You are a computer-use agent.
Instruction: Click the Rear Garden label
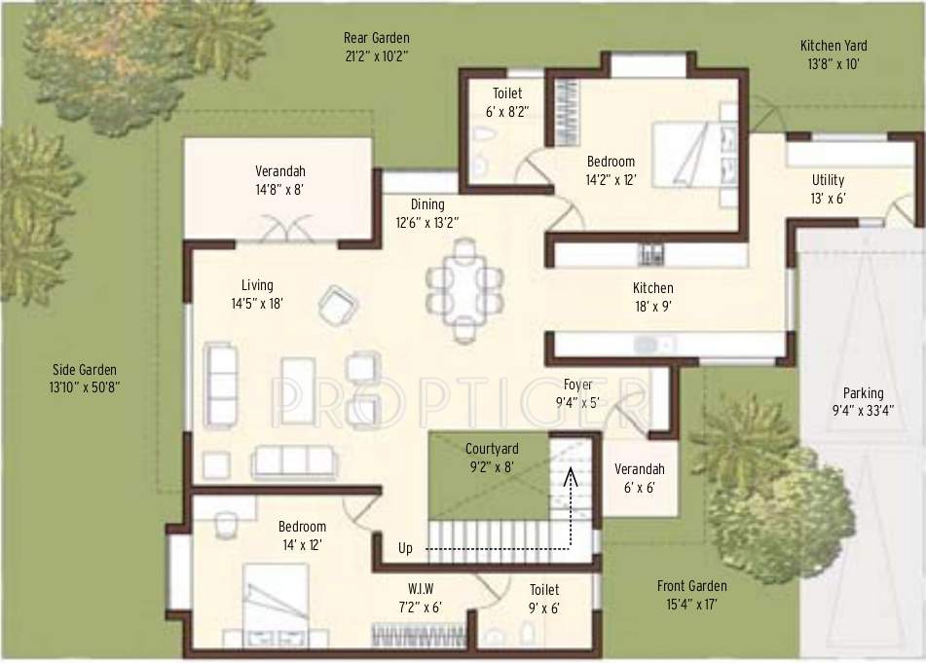(375, 38)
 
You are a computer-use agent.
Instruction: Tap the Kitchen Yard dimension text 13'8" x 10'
(833, 63)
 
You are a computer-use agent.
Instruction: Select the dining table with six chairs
(464, 289)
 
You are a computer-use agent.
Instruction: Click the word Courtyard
(491, 449)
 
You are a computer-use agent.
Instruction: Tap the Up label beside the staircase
(405, 548)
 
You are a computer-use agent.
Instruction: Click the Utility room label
(829, 180)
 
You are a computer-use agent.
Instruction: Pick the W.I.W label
(421, 589)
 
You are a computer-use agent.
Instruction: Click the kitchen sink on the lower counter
(648, 345)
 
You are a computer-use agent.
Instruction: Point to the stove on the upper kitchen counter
(650, 255)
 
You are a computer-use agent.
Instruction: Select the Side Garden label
(85, 370)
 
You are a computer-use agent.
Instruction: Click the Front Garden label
(691, 586)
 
